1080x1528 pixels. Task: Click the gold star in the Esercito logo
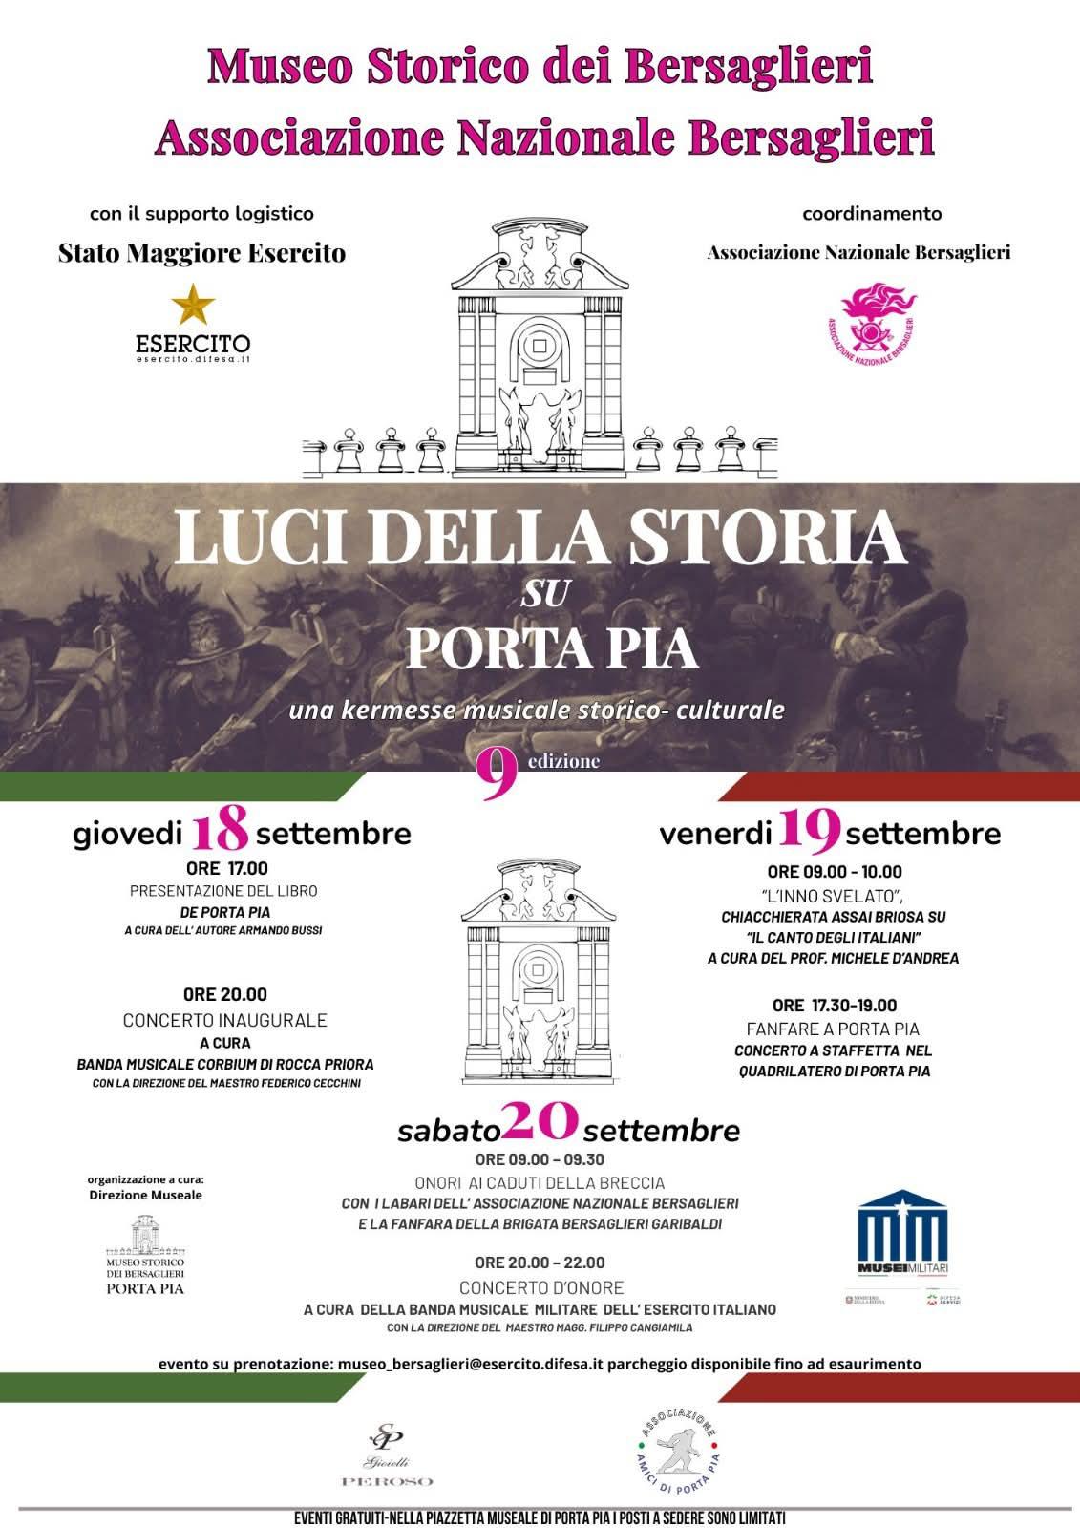click(x=193, y=305)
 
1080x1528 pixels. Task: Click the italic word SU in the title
click(x=545, y=595)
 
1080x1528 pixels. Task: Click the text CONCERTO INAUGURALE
click(x=224, y=1020)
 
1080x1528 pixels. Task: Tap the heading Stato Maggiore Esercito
click(x=201, y=253)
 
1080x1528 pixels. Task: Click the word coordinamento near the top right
click(x=871, y=214)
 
